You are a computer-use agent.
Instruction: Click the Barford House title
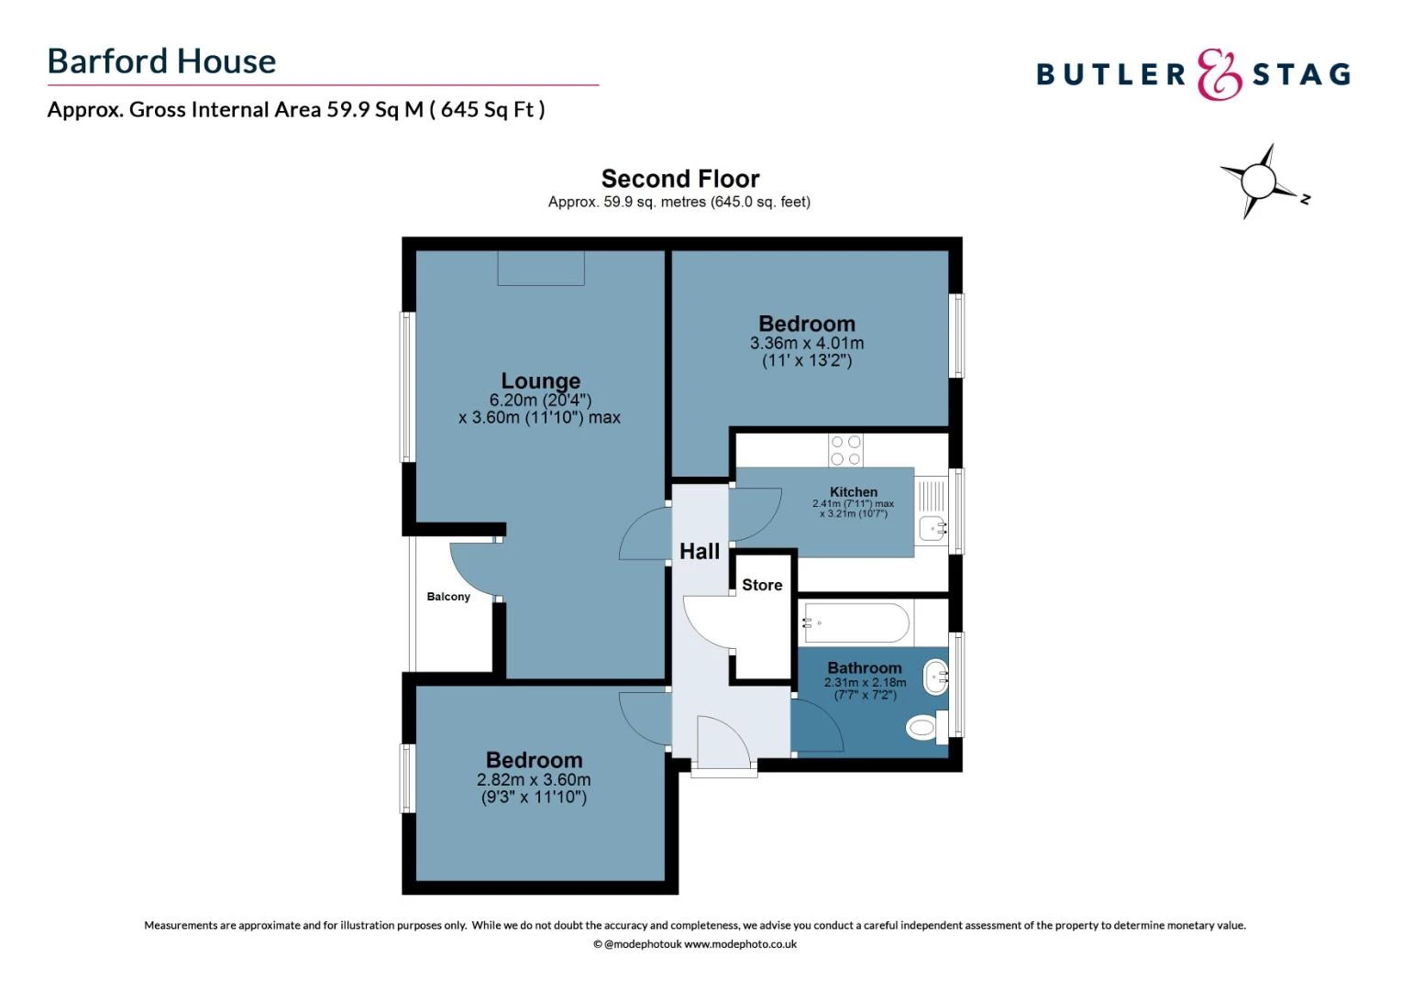161,61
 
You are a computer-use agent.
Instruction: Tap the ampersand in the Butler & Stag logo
1219,74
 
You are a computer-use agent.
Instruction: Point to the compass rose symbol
1259,181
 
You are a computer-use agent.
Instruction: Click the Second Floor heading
679,179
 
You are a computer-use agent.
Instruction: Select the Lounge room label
540,380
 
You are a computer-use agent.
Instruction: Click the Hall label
700,551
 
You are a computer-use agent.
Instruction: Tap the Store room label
762,585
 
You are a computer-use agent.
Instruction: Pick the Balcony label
448,597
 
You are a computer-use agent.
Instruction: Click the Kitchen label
853,492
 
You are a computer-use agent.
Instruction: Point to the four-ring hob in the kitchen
845,450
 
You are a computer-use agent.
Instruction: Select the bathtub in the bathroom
856,623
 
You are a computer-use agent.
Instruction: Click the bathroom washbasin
935,676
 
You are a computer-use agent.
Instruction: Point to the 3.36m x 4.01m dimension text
807,344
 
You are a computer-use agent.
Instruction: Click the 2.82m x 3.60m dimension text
534,780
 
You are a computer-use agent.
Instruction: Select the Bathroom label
865,668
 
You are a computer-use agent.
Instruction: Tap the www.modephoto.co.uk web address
740,944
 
